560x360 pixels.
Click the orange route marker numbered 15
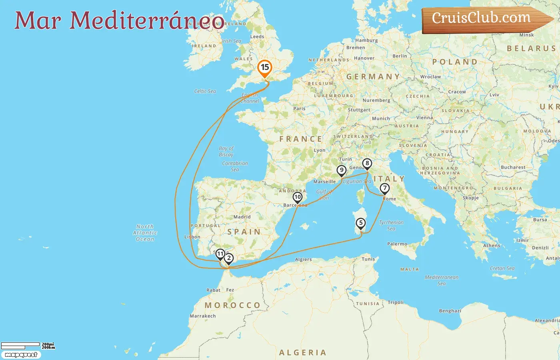coord(264,68)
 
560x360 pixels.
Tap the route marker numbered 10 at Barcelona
coord(297,197)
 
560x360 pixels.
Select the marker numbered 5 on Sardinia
coord(361,223)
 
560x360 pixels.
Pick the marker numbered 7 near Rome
coord(384,188)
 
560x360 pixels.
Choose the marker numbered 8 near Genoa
coord(367,163)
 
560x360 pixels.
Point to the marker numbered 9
coord(341,170)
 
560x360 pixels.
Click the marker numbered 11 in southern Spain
coord(220,254)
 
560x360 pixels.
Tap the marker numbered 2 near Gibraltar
coord(229,258)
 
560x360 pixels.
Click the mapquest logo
coord(21,355)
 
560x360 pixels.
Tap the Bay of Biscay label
coord(226,151)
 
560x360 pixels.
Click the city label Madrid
coord(242,217)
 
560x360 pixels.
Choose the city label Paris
coord(299,108)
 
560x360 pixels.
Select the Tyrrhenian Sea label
coord(391,225)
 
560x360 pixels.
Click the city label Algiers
coord(303,259)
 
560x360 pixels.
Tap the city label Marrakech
coord(203,316)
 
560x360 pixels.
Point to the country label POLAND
coord(455,62)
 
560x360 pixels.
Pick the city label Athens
coord(492,246)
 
